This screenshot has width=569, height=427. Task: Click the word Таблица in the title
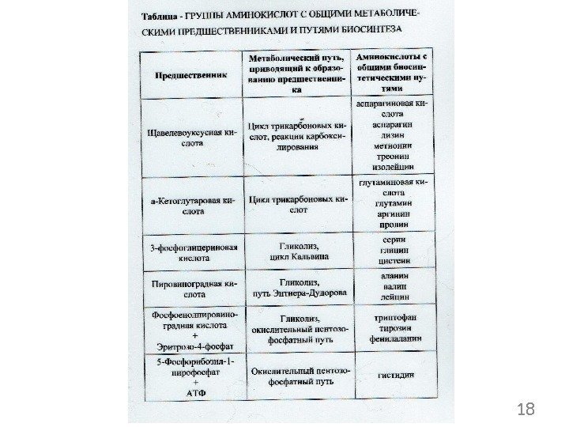tap(160, 15)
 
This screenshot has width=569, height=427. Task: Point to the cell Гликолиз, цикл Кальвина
tap(297, 252)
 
